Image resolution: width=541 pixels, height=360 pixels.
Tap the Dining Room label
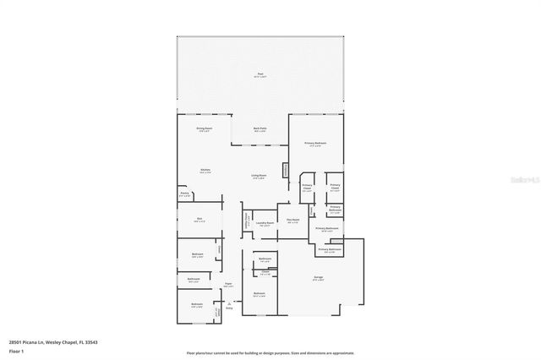click(205, 130)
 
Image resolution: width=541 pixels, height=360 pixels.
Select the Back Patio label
click(260, 130)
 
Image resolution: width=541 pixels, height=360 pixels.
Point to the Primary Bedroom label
click(315, 144)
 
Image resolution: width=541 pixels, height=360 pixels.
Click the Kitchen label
click(205, 171)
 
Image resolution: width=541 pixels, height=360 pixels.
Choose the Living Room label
click(258, 177)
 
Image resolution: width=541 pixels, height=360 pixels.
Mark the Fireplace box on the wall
click(286, 169)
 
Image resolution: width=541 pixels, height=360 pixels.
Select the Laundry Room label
click(265, 224)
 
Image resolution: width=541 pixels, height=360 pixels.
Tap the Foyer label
click(228, 285)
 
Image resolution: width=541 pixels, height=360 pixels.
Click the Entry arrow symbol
click(228, 303)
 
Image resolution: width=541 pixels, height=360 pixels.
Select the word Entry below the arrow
click(228, 310)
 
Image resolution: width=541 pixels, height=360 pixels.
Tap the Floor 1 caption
click(18, 350)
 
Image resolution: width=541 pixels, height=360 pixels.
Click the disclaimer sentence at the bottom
click(270, 352)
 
